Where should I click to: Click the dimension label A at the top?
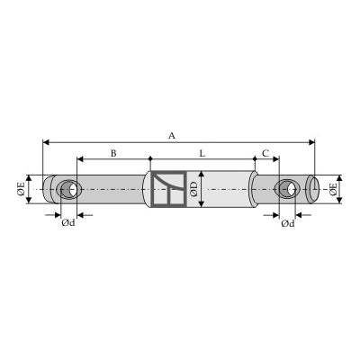click(171, 136)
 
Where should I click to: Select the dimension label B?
click(113, 154)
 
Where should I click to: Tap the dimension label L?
click(202, 154)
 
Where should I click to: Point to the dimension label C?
click(265, 154)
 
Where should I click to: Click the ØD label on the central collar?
click(194, 189)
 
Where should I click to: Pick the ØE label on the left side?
click(21, 189)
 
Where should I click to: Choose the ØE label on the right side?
click(333, 189)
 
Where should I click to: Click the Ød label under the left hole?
click(68, 223)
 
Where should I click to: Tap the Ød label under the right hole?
click(288, 223)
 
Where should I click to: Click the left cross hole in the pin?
click(69, 189)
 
